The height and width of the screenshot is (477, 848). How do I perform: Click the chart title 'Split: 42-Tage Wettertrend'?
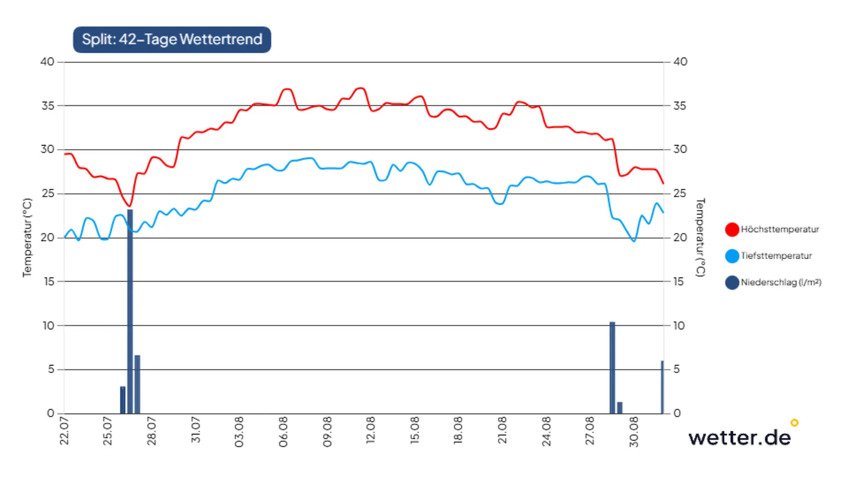(172, 39)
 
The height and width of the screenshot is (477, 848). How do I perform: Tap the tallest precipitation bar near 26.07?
(130, 311)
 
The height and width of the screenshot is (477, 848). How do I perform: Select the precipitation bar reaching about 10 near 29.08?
(612, 368)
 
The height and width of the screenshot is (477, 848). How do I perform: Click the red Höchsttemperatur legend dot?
(732, 229)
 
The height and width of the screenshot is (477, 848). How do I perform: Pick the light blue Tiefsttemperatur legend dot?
(732, 256)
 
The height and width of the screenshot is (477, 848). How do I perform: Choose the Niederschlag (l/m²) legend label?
(781, 282)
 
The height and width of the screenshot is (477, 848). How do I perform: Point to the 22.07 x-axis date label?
(64, 431)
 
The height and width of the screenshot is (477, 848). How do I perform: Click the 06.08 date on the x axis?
(283, 432)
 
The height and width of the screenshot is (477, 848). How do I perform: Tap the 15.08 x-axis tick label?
(414, 431)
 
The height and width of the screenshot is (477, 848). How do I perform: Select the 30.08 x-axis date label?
(633, 432)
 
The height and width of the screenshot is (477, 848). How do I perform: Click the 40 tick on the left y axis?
(47, 62)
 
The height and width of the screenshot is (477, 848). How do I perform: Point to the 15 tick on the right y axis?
(678, 281)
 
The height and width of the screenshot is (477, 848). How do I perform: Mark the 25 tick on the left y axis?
(47, 193)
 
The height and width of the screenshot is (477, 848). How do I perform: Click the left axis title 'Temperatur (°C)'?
(27, 238)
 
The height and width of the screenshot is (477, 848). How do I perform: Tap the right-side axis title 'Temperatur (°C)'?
(700, 238)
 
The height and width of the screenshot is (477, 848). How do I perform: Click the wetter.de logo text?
(739, 438)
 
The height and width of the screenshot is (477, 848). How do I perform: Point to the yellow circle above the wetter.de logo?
(795, 423)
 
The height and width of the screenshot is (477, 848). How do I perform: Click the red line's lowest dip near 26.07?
(129, 206)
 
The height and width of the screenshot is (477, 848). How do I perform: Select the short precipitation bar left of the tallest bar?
(123, 400)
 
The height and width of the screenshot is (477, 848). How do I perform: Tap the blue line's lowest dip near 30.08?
(634, 241)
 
